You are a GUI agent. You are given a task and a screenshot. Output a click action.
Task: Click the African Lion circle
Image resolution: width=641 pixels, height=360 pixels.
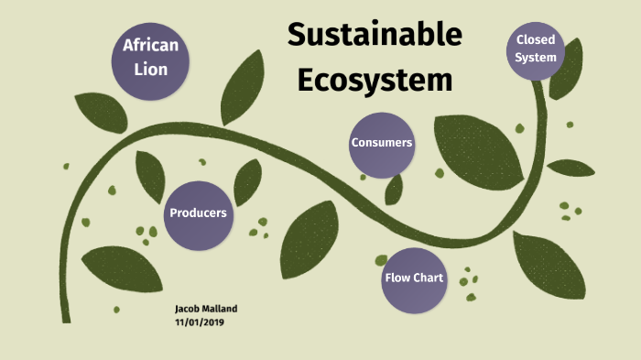151,57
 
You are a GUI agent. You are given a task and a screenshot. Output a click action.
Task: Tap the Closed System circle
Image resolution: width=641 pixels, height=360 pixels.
536,49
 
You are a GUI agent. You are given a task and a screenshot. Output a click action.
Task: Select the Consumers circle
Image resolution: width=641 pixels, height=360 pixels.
381,143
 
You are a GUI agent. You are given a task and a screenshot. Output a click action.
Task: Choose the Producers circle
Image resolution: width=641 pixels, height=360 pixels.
197,213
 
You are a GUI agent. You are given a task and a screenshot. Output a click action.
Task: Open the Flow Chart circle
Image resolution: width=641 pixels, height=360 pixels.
414,278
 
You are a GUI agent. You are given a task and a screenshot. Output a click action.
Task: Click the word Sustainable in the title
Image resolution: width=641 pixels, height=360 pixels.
375,36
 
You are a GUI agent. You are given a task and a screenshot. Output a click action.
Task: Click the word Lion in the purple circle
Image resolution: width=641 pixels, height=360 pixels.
151,68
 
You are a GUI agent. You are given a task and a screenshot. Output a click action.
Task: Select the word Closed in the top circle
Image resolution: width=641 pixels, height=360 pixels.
536,39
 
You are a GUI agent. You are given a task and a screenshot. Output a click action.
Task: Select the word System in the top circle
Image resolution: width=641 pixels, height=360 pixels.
536,57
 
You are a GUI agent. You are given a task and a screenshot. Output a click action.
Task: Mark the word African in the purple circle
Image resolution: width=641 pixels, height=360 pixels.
151,46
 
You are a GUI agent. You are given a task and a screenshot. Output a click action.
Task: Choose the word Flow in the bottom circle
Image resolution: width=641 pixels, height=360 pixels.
397,278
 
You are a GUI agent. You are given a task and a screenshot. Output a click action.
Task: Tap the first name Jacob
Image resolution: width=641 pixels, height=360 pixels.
188,311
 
